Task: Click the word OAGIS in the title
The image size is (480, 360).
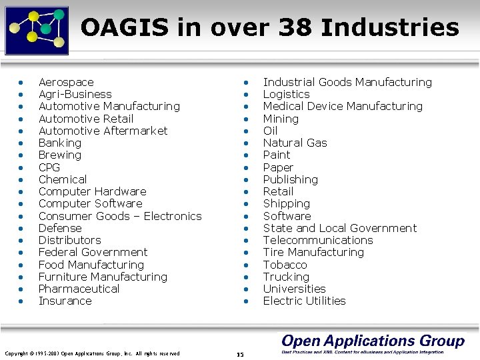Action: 126,28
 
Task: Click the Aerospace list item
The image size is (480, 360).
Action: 66,82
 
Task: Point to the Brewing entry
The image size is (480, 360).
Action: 60,155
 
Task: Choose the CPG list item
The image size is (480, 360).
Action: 49,167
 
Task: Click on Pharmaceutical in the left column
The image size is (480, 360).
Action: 79,289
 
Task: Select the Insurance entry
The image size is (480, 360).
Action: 65,301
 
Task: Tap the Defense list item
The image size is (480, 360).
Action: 60,228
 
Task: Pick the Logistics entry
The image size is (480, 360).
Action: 286,94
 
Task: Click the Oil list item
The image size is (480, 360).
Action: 270,131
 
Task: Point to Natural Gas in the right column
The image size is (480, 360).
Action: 295,143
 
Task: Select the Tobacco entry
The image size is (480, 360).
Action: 285,265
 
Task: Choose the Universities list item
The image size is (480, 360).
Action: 294,289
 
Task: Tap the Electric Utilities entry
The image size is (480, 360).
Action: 304,301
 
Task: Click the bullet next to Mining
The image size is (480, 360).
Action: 246,119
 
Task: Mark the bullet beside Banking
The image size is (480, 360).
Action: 21,143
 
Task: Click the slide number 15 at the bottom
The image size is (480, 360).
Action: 240,354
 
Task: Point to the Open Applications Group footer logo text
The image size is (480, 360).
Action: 372,341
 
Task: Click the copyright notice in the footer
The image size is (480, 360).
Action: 92,353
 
